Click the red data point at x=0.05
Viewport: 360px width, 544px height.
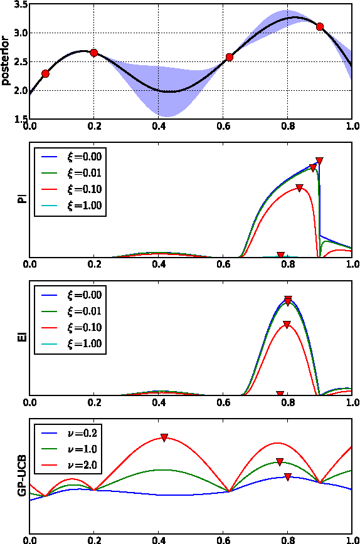click(x=45, y=74)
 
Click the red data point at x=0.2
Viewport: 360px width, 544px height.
click(x=94, y=53)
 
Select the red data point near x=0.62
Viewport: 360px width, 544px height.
click(x=230, y=57)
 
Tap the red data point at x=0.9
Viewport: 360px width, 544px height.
click(x=320, y=27)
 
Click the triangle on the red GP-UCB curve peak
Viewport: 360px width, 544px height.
click(x=164, y=437)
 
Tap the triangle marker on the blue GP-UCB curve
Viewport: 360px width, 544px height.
click(x=287, y=477)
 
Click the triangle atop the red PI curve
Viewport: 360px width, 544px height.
click(x=300, y=188)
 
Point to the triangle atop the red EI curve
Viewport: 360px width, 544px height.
click(x=287, y=325)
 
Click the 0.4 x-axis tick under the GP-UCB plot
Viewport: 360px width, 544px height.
click(x=159, y=538)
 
